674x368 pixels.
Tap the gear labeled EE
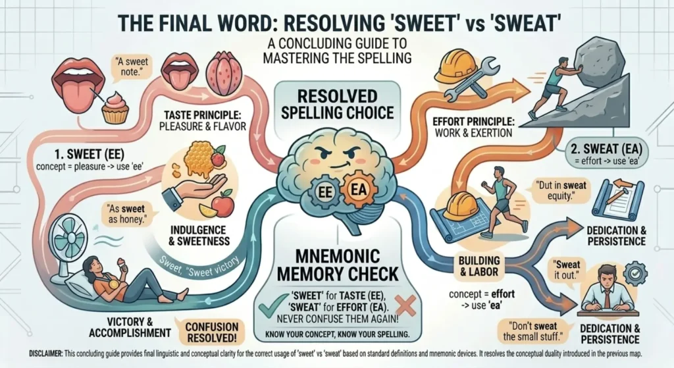(326, 192)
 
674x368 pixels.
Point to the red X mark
(404, 306)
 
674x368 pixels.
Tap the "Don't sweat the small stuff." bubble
(532, 331)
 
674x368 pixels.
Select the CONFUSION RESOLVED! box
(212, 332)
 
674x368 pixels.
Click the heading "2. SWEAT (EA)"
(606, 149)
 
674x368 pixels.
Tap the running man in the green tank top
(504, 201)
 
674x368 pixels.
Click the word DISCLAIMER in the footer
(46, 354)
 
